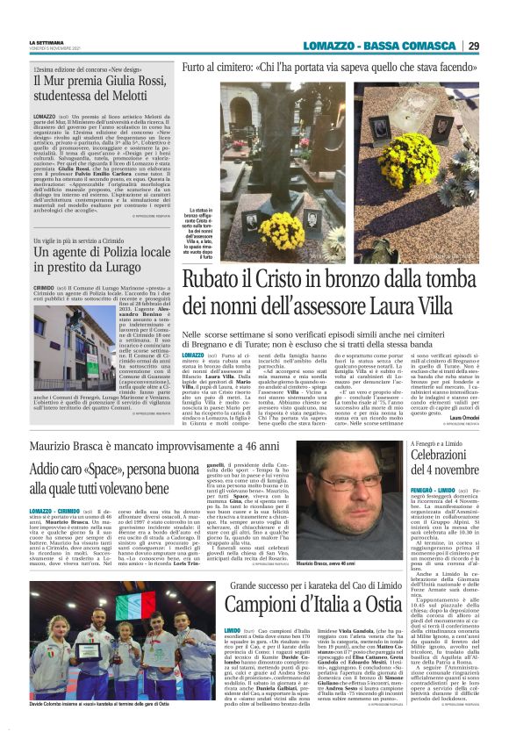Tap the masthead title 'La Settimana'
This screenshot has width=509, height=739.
coord(45,42)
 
